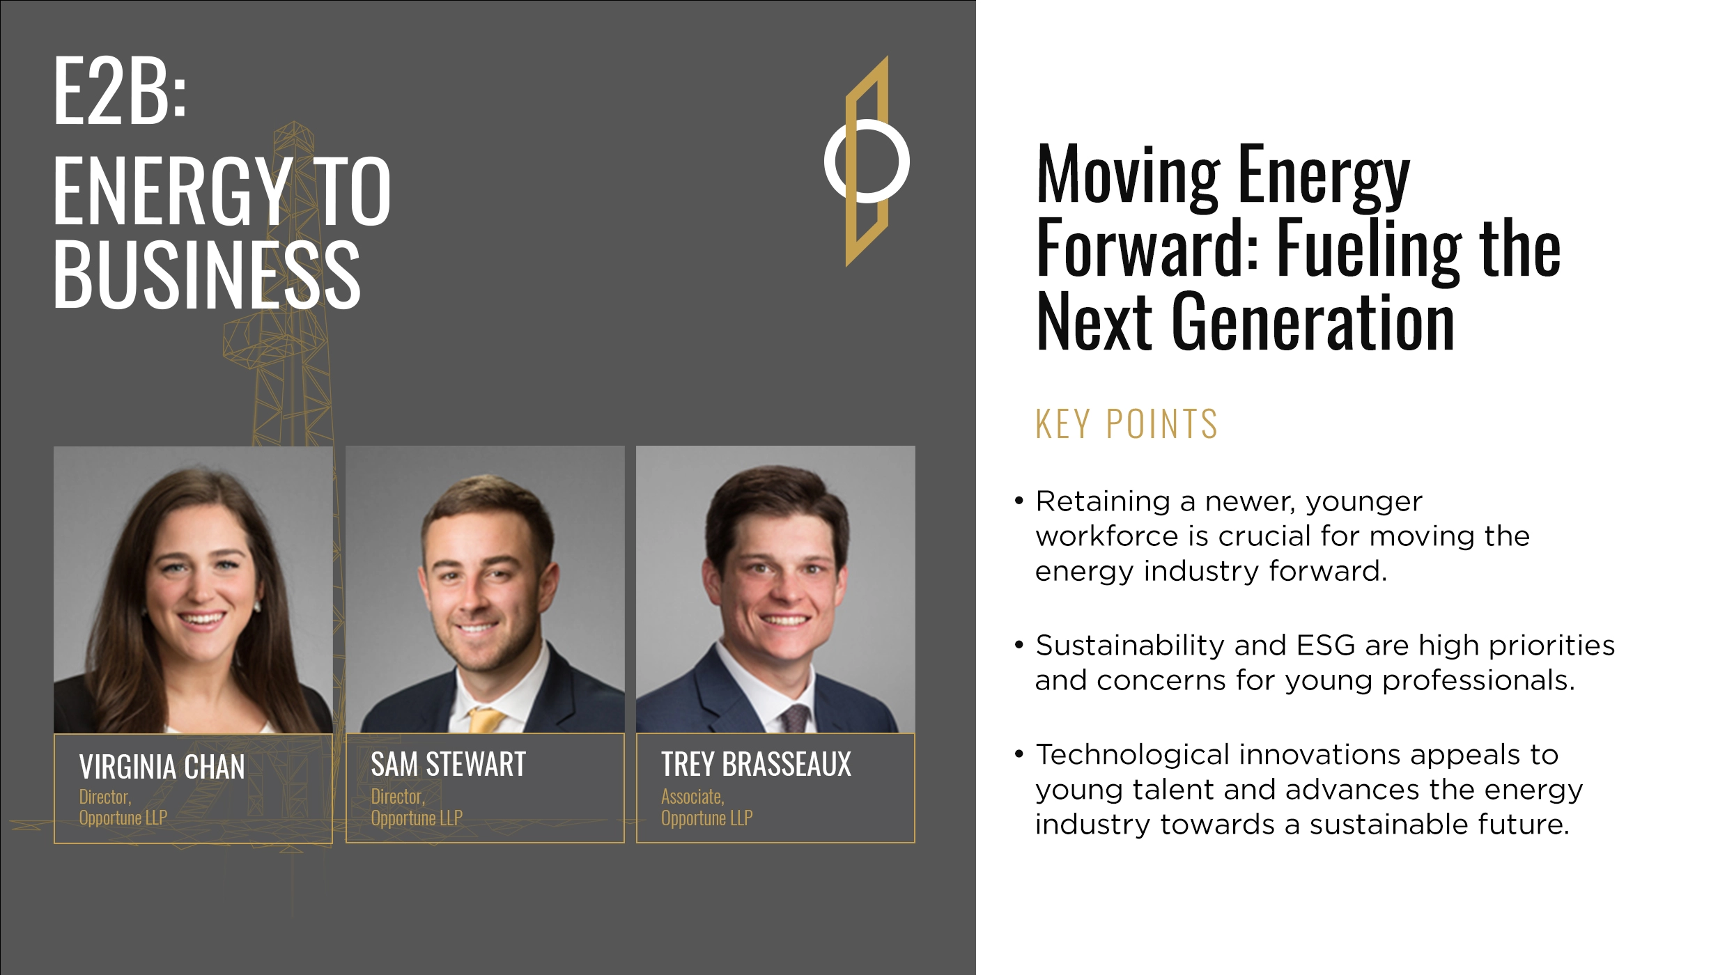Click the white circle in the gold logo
[x=867, y=161]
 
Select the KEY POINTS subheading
[x=1127, y=424]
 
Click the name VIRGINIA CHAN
[x=162, y=767]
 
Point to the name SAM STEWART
[x=448, y=765]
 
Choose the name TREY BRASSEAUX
[x=756, y=765]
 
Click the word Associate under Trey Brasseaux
[x=692, y=797]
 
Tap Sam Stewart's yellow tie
[x=486, y=719]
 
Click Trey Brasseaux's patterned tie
[x=794, y=717]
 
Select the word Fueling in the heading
[x=1368, y=249]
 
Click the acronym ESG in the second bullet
[x=1326, y=646]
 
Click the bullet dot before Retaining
[x=1019, y=501]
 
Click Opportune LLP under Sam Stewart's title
[x=417, y=818]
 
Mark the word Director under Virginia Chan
[x=104, y=797]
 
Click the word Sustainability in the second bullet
[x=1129, y=646]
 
